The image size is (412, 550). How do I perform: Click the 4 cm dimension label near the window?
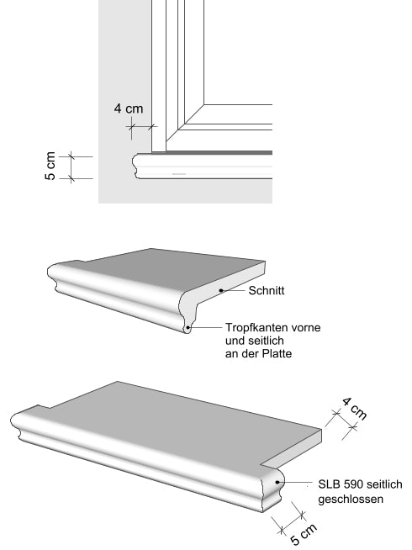129,108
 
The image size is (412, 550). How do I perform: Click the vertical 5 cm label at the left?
50,166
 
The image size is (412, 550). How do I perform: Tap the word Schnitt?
267,290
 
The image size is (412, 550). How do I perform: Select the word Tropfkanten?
255,328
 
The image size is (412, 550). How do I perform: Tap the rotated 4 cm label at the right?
355,409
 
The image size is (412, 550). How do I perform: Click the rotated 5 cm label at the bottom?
304,534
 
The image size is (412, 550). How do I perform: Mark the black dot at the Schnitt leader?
221,290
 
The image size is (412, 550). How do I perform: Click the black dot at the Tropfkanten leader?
188,328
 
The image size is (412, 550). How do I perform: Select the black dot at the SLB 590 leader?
277,483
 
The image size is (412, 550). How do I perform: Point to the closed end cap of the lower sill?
272,489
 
